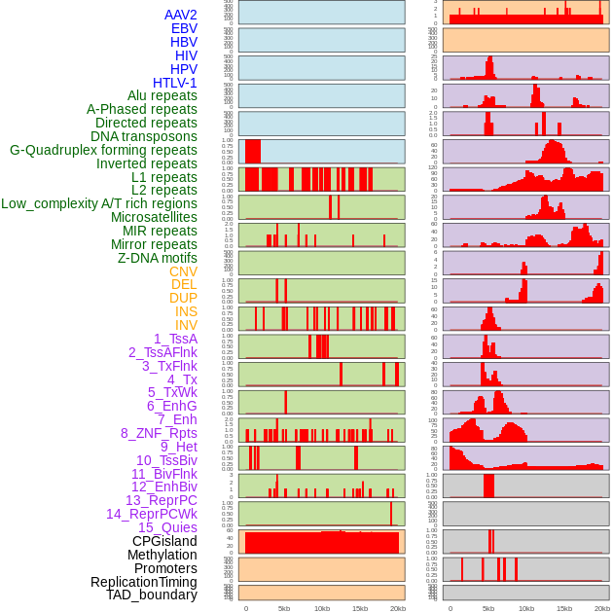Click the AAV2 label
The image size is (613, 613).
(180, 15)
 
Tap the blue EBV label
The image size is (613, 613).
(184, 28)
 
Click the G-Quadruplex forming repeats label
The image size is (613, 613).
(103, 150)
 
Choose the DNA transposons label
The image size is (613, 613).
(144, 136)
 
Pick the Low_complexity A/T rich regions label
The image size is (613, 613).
(99, 203)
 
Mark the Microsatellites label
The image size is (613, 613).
(154, 217)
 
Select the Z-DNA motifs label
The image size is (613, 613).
(158, 258)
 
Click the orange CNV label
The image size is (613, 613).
(183, 271)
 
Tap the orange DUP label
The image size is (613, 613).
(183, 298)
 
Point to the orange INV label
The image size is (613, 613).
(186, 325)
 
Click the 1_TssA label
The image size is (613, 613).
(175, 339)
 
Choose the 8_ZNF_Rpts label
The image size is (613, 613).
(159, 433)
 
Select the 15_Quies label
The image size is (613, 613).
(165, 527)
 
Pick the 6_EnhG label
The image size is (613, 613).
(172, 406)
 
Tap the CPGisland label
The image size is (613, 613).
(164, 541)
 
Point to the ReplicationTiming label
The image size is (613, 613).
(144, 582)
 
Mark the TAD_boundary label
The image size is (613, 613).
(152, 595)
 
